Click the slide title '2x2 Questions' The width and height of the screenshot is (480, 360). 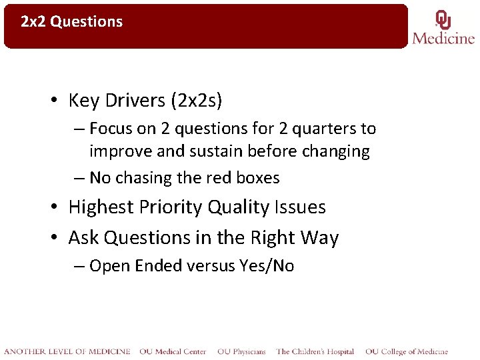tap(72, 21)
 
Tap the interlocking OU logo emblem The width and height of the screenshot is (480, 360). tap(443, 19)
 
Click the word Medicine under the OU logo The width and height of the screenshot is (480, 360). tap(443, 38)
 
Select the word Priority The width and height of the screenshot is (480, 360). tap(171, 207)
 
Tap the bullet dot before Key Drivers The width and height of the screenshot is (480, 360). tap(56, 101)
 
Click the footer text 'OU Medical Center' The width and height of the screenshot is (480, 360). tap(173, 351)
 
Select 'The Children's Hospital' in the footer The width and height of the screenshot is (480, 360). tap(315, 351)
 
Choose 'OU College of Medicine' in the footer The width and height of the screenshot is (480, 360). tap(406, 351)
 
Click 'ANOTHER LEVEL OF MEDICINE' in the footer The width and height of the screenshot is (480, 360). tap(67, 351)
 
